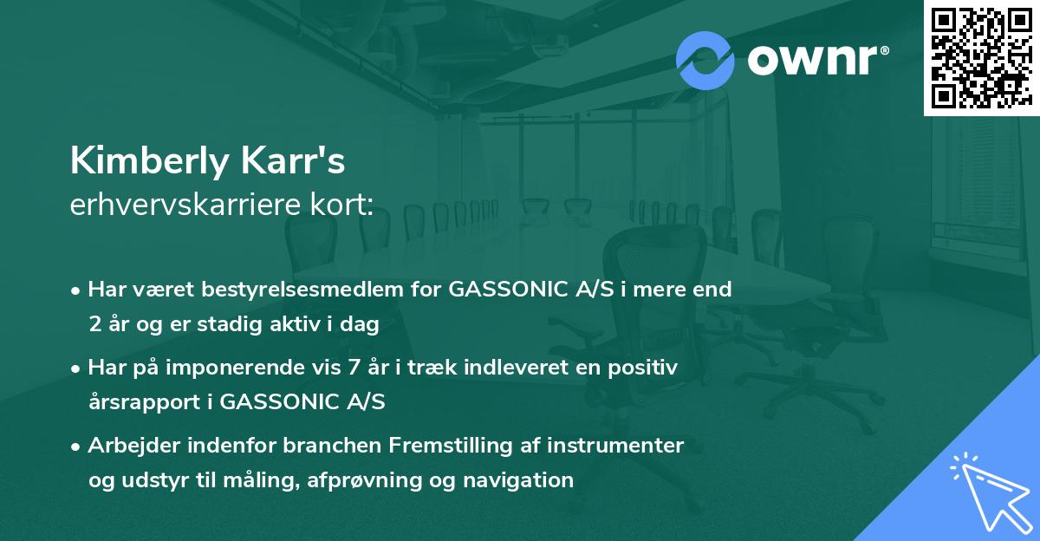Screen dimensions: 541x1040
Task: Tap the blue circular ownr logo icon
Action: coord(705,61)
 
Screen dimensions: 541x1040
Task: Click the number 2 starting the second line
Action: coord(94,325)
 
